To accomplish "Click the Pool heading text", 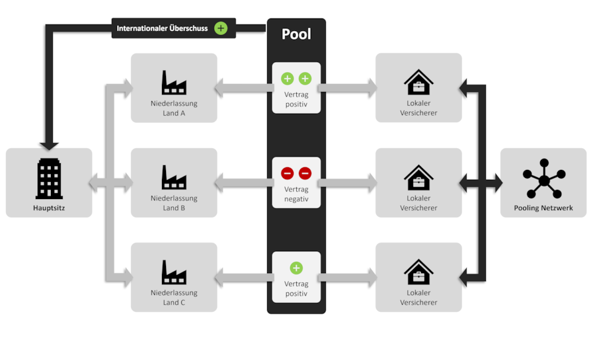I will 296,34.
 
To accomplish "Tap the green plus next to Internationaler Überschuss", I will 221,28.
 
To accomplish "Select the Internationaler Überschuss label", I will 162,28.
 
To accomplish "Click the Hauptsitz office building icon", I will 49,179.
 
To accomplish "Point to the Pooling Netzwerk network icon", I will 543,179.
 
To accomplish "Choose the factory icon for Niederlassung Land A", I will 174,83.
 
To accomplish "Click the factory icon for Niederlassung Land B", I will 174,177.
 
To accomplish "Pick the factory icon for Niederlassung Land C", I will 174,272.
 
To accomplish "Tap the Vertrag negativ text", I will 296,194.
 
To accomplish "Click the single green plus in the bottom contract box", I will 296,268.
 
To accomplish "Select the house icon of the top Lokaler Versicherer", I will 418,83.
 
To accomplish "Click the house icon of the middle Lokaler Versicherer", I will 418,177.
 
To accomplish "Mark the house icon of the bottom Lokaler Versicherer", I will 418,272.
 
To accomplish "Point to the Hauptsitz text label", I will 49,208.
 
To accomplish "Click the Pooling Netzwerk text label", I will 543,208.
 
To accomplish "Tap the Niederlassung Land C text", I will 174,298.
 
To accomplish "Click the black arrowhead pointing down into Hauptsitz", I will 49,145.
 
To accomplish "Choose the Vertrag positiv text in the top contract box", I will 296,99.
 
